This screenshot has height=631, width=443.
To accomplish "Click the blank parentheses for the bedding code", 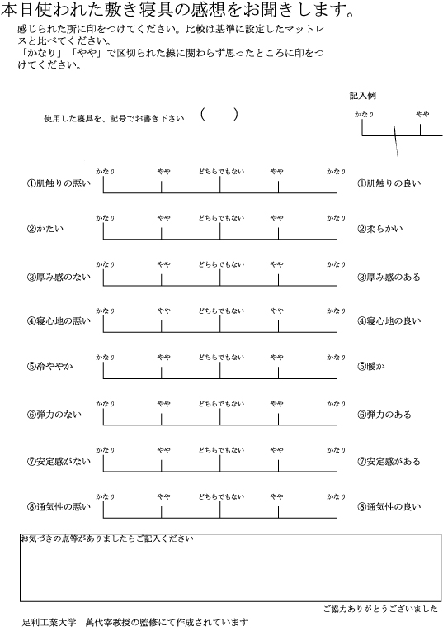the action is pos(219,115).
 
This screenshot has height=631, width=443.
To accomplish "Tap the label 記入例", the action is pos(362,96).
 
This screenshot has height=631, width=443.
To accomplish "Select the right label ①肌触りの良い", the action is pos(389,183).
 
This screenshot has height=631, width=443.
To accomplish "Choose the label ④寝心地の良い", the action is pos(389,321).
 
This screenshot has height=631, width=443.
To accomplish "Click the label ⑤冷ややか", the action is pos(50,368).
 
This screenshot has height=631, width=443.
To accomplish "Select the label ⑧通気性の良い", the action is pos(389,506).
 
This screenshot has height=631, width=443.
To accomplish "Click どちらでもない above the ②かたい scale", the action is pos(220,218).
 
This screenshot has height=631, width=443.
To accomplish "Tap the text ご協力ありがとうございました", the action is pos(380,609).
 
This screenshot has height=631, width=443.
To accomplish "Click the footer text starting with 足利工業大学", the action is pos(134,623).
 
